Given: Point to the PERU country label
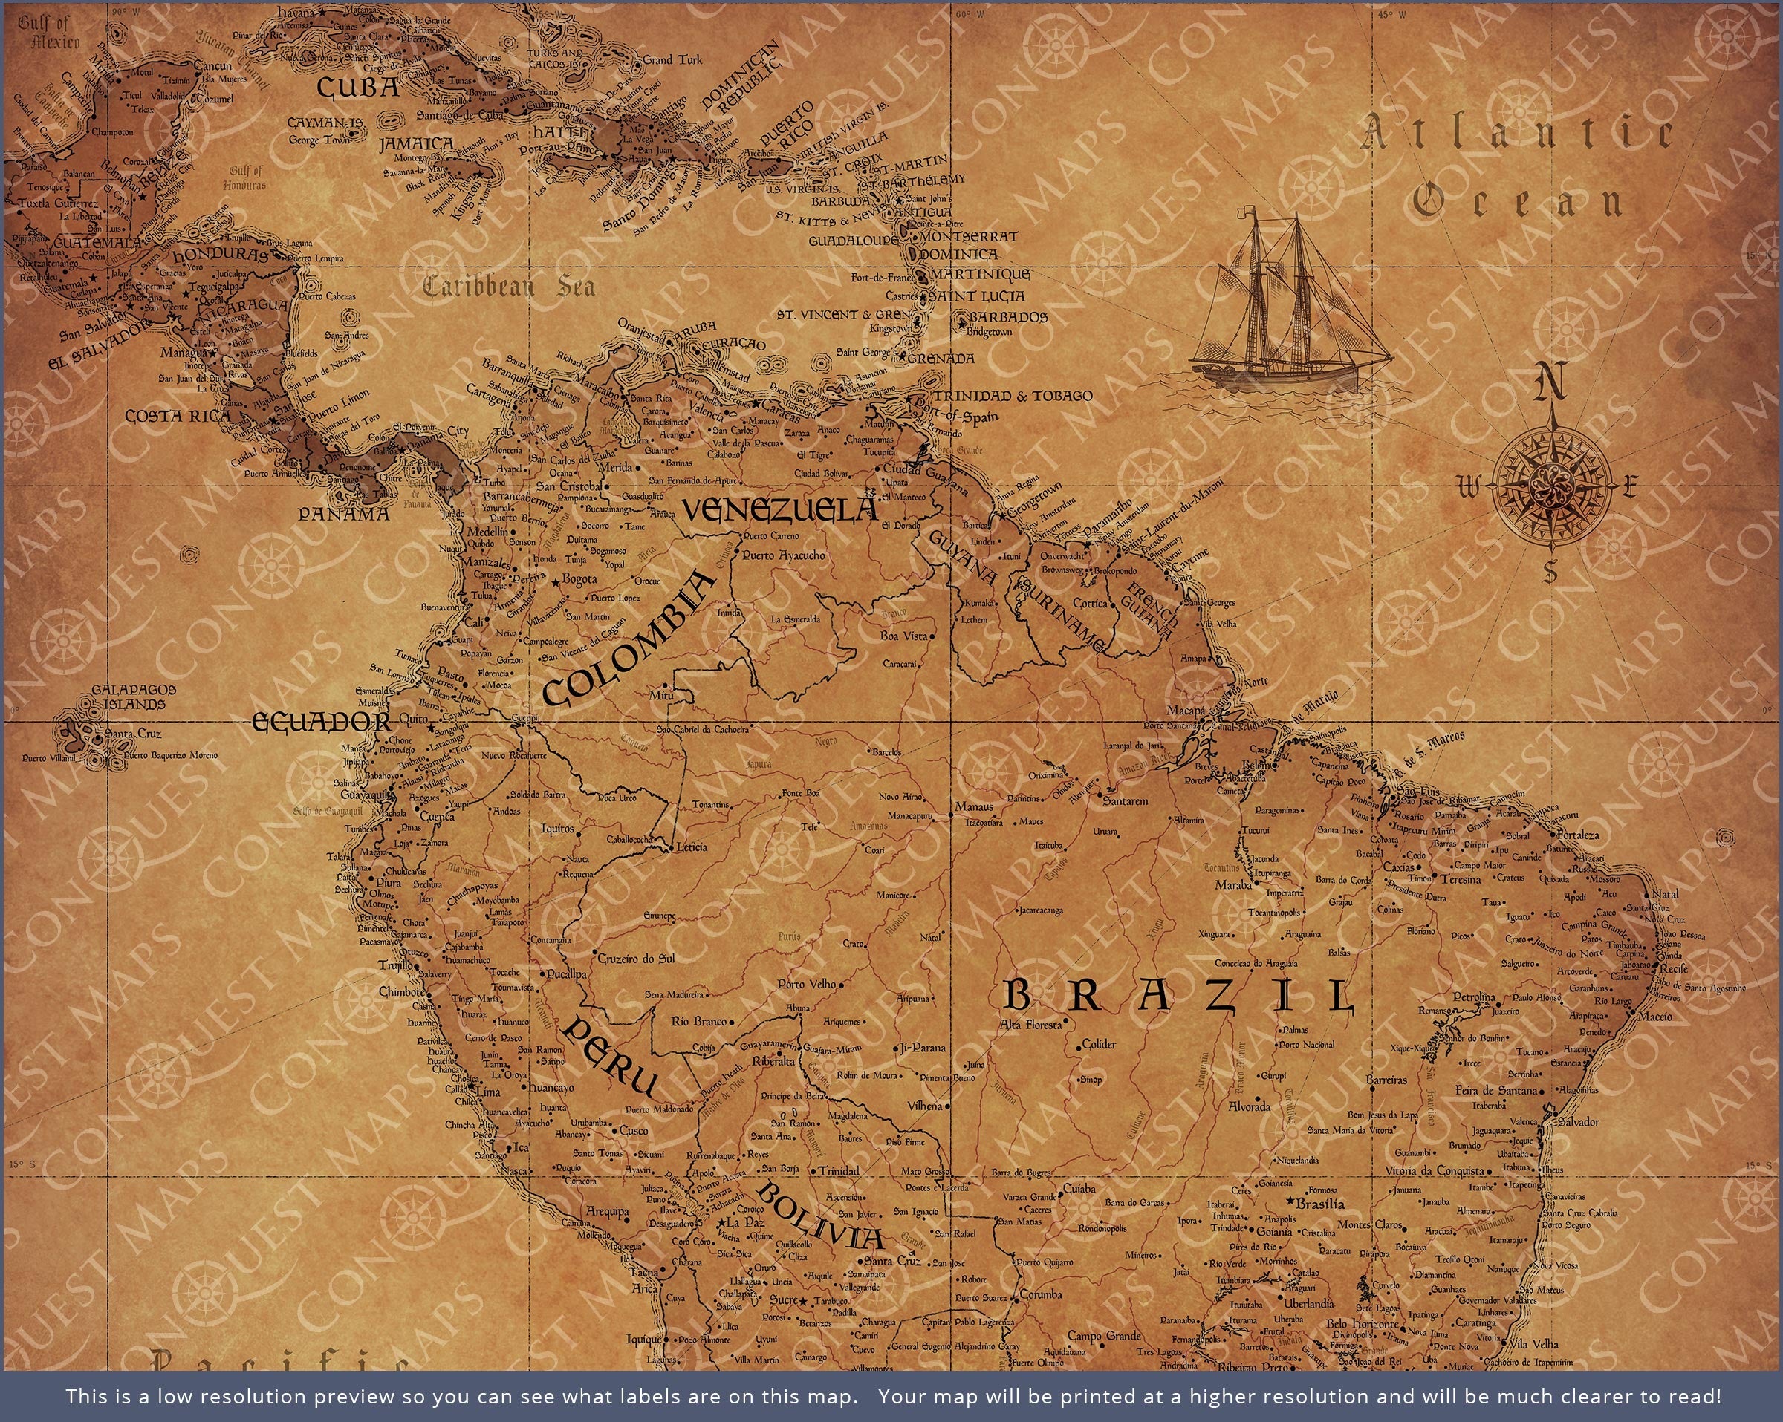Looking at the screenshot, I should pos(613,1057).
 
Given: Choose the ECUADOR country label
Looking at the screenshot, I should pos(321,722).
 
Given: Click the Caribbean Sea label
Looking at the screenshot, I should pos(509,287).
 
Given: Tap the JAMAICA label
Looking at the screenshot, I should pos(417,144).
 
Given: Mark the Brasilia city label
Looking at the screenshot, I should pos(1320,1204).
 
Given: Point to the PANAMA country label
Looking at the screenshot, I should pos(343,513).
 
